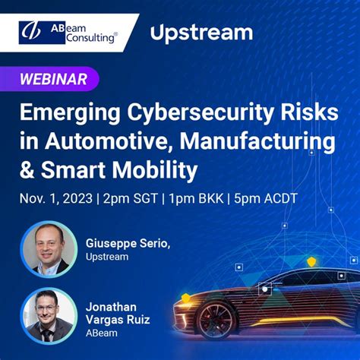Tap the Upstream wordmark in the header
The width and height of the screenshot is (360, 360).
pyautogui.click(x=201, y=33)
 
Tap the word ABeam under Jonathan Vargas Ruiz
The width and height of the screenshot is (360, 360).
pyautogui.click(x=99, y=333)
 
